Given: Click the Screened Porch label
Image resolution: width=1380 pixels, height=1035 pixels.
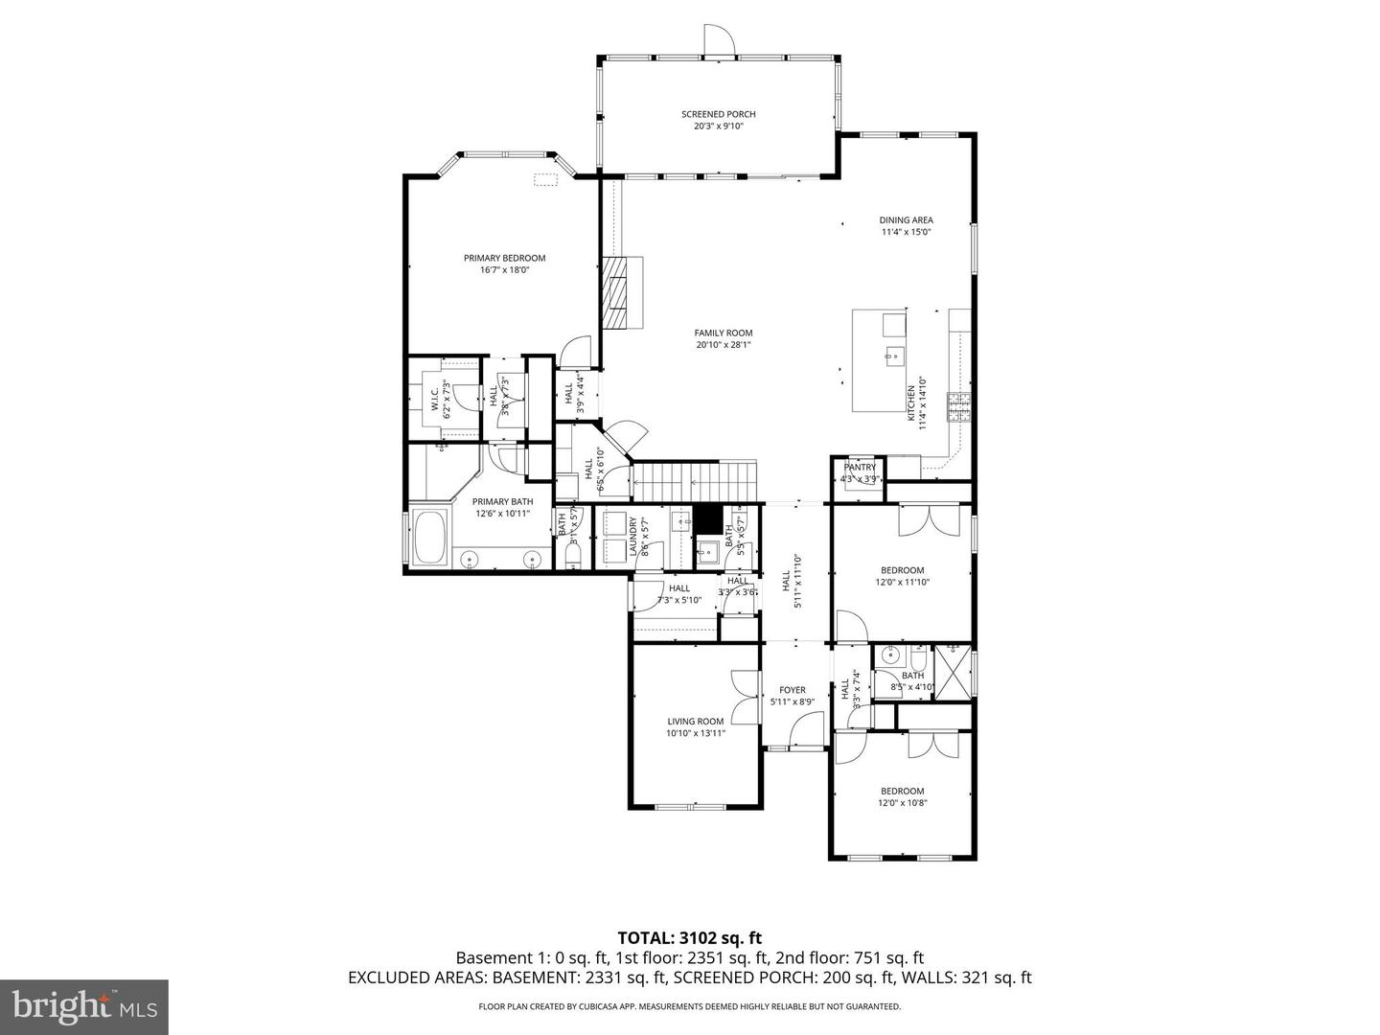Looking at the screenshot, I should pyautogui.click(x=718, y=115).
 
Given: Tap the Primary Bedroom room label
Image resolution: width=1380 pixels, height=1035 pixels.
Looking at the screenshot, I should pyautogui.click(x=504, y=258).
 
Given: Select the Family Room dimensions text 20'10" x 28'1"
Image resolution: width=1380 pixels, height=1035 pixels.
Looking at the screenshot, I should pyautogui.click(x=724, y=345).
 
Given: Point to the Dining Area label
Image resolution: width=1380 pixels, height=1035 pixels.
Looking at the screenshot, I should pyautogui.click(x=906, y=220).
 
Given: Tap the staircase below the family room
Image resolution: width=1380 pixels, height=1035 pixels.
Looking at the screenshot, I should pyautogui.click(x=695, y=479).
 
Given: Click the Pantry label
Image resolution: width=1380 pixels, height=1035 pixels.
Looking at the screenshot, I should pyautogui.click(x=860, y=468).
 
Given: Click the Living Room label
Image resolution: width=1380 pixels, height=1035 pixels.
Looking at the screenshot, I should pyautogui.click(x=696, y=722).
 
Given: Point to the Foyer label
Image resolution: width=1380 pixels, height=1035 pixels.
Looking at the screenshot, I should pyautogui.click(x=792, y=690).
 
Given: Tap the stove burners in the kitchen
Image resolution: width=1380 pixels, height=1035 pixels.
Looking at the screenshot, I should pyautogui.click(x=957, y=407).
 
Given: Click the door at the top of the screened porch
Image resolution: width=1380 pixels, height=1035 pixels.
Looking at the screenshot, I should pyautogui.click(x=718, y=41).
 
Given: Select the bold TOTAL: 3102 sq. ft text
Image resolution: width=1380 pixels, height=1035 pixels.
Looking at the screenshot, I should pyautogui.click(x=689, y=937).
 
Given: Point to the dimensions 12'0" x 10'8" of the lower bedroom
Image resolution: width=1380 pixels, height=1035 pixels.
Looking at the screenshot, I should pyautogui.click(x=902, y=803).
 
